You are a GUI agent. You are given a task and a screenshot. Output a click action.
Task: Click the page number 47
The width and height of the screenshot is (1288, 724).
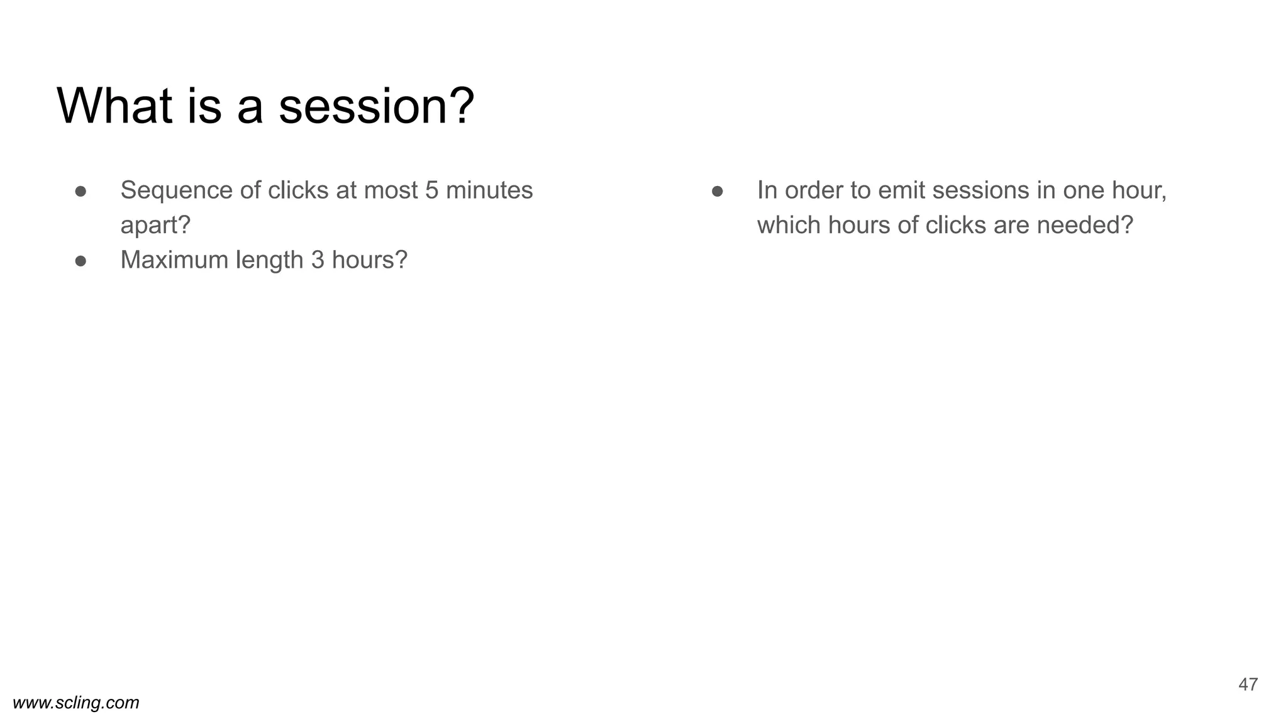point(1248,684)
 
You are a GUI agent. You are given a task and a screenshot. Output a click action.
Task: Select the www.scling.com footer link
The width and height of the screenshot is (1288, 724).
point(76,703)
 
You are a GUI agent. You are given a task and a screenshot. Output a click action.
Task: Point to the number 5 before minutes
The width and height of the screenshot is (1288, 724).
point(431,190)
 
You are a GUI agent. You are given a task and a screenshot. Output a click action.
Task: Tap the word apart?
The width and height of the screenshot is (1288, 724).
point(155,225)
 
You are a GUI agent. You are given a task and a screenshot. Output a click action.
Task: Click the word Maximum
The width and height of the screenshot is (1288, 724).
point(174,260)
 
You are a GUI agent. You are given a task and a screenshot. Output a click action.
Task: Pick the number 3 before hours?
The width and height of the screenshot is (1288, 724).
point(318,260)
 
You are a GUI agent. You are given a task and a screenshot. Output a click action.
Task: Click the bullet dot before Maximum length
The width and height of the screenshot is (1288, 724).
point(80,261)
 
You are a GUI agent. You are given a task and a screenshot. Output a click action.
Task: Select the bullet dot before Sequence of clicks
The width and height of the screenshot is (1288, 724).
point(80,191)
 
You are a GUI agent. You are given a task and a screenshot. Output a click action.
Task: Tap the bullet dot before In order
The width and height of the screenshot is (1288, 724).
point(717,191)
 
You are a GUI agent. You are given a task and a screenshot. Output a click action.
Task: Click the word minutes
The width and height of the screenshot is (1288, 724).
point(489,190)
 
